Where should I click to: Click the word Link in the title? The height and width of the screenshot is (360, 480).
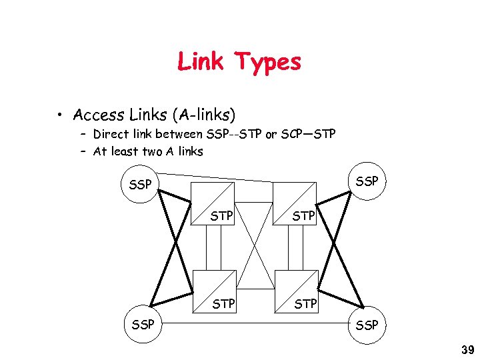click(x=201, y=62)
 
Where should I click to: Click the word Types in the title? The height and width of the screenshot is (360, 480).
click(x=267, y=63)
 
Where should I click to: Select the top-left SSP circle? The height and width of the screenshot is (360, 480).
click(x=140, y=185)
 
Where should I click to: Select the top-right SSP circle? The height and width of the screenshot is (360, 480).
click(x=367, y=181)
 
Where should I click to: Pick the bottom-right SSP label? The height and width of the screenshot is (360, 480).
click(x=367, y=325)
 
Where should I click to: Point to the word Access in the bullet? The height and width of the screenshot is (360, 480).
click(x=96, y=115)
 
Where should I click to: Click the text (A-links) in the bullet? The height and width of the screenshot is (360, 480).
click(x=203, y=115)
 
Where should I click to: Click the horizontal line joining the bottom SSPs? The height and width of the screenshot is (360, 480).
click(x=253, y=325)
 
